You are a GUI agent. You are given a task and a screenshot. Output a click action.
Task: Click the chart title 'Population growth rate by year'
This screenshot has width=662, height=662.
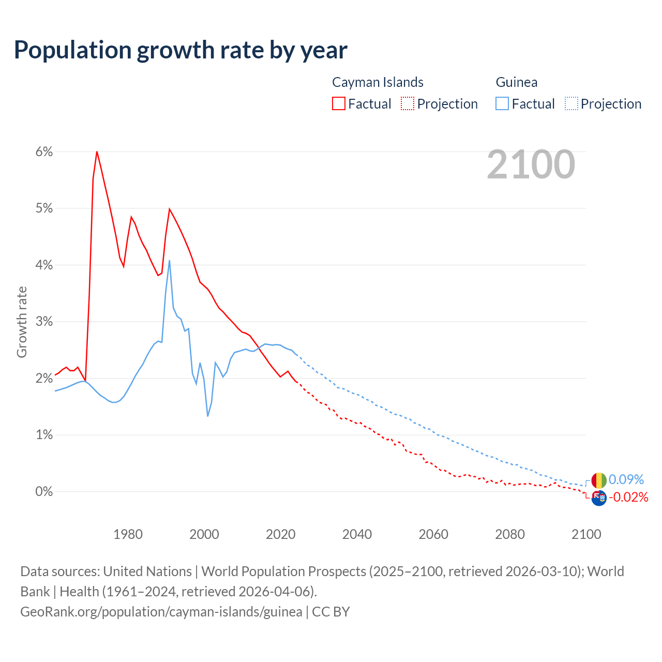point(180,50)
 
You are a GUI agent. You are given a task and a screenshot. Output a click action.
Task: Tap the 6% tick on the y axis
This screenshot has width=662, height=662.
point(44,152)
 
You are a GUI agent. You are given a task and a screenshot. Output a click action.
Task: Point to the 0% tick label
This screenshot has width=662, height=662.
point(44,491)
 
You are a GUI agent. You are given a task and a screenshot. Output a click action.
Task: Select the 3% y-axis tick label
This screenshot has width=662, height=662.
point(44,321)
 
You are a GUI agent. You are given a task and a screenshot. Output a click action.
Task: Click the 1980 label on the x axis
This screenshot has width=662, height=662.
point(128,534)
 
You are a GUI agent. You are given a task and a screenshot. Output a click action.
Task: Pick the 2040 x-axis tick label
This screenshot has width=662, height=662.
point(357,534)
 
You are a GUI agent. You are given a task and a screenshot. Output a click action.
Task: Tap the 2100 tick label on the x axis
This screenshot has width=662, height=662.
point(586,534)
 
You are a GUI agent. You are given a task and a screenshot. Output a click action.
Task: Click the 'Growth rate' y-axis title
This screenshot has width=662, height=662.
point(22,322)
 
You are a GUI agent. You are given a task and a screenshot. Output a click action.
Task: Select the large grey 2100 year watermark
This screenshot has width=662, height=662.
point(531,164)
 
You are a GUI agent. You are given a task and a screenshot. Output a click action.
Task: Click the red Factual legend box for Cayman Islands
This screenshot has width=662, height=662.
point(339,103)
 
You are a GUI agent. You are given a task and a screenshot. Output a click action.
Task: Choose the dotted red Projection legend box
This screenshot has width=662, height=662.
point(408,103)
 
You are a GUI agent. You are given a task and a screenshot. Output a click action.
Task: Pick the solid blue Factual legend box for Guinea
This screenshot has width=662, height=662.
point(502,103)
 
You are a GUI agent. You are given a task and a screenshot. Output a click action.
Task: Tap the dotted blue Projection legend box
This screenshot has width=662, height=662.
point(571,103)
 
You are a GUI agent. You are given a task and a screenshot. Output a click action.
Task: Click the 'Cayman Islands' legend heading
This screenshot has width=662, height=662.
point(378,82)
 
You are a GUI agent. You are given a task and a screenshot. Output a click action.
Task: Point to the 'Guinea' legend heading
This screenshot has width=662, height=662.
point(516,82)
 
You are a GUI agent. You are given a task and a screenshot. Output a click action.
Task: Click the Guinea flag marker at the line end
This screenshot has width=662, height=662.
point(598,480)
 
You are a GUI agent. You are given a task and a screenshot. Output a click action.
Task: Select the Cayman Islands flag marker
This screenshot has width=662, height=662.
point(598,498)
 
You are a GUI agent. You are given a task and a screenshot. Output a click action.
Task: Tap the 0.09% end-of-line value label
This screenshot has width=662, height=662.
point(626,479)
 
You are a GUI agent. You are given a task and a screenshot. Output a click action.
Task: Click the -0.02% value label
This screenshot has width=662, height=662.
point(628,498)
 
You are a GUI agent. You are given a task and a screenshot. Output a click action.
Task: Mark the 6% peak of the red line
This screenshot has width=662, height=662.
point(97,152)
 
